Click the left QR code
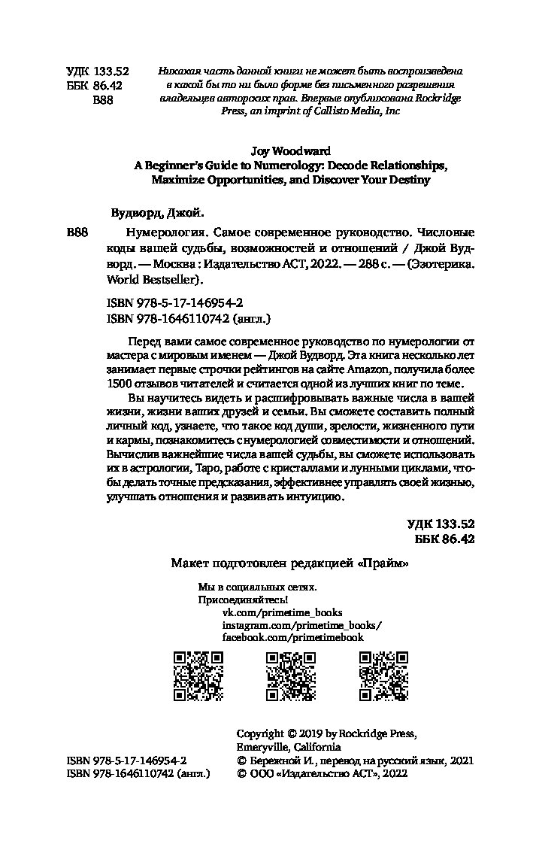pos(199,676)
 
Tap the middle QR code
pos(292,676)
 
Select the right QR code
pos(384,676)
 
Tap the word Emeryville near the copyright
pos(267,747)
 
